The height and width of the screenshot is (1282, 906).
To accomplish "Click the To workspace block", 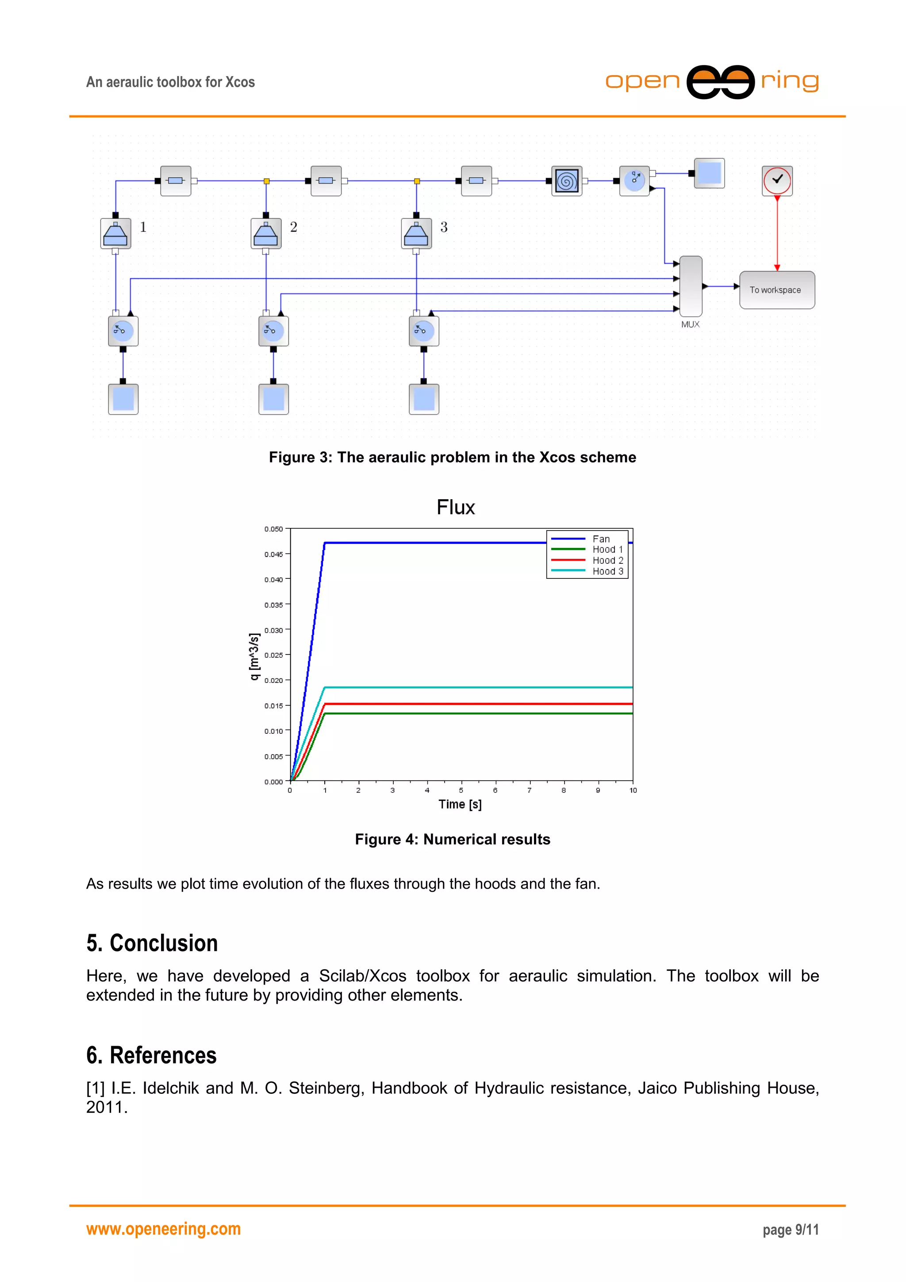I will coord(776,290).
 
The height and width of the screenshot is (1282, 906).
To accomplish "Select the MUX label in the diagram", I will coord(690,324).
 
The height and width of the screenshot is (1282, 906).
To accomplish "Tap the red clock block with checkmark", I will coord(777,181).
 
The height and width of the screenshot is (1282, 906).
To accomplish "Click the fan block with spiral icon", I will coord(567,181).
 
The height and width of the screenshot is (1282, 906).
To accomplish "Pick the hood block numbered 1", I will coord(115,233).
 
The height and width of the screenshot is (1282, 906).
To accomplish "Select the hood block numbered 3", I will coord(416,233).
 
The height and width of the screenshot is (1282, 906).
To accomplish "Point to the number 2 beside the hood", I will coord(294,227).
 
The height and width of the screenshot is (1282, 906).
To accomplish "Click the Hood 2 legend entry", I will coord(607,560).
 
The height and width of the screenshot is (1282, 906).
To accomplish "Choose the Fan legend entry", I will coord(601,539).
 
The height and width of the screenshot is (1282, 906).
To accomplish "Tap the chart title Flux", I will coord(456,507).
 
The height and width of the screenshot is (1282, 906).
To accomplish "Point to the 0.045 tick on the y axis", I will coord(273,554).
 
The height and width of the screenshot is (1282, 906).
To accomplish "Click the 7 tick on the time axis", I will coord(529,790).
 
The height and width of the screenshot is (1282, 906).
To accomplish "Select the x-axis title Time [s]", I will coord(460,804).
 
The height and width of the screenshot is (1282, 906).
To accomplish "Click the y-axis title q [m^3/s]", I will coord(254,656).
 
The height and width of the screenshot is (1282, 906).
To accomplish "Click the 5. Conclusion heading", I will coord(152,943).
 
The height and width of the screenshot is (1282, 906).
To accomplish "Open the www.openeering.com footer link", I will coord(164,1229).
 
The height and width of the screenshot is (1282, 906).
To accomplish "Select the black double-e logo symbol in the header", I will coord(720,82).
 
